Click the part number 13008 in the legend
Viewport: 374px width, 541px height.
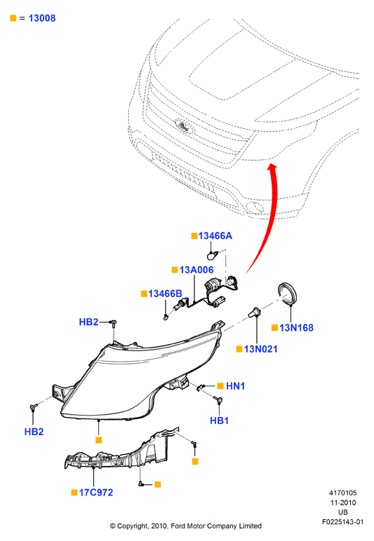coord(42,18)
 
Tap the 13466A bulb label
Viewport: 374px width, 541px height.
coord(215,235)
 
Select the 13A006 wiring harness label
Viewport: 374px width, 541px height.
coord(196,270)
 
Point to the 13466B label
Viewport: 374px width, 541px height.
coord(165,294)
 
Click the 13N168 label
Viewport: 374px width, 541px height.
coord(296,328)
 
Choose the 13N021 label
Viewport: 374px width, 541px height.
coord(261,349)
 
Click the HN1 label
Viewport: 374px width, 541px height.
coord(235,385)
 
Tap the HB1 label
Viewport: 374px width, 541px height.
coord(220,420)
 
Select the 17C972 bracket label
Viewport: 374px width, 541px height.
coord(96,493)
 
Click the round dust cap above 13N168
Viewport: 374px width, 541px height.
coord(288,293)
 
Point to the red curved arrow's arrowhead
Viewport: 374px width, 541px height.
coord(272,167)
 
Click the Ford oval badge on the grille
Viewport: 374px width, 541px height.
coord(184,126)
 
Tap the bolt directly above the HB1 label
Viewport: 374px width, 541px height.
coord(219,400)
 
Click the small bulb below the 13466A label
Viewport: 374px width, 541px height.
coord(211,256)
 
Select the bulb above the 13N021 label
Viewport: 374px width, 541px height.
coord(255,312)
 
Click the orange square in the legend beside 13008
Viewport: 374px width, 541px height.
coord(13,18)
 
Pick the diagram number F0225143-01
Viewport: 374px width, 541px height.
coord(342,522)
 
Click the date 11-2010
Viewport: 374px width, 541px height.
coord(343,502)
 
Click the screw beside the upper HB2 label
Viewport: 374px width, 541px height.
coord(113,322)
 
